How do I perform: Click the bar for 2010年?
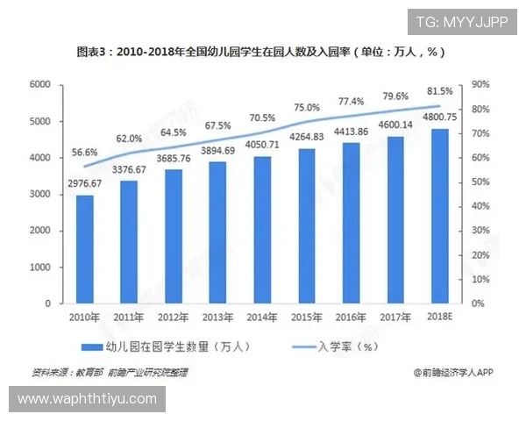point(85,249)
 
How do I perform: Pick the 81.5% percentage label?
point(440,90)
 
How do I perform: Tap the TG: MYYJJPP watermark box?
point(462,21)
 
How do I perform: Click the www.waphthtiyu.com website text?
point(87,399)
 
